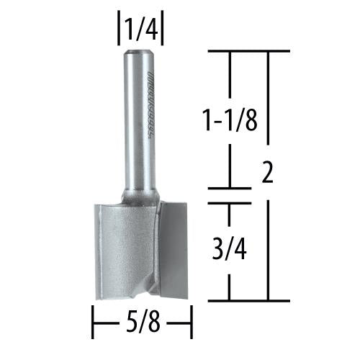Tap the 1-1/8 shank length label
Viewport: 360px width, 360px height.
click(x=228, y=114)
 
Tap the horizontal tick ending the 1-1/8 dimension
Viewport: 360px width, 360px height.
click(x=229, y=189)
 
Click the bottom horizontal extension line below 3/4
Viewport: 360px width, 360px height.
click(x=248, y=300)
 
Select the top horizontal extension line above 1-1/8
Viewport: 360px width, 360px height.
click(x=248, y=51)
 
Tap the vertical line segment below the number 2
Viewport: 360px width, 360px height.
click(x=268, y=245)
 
